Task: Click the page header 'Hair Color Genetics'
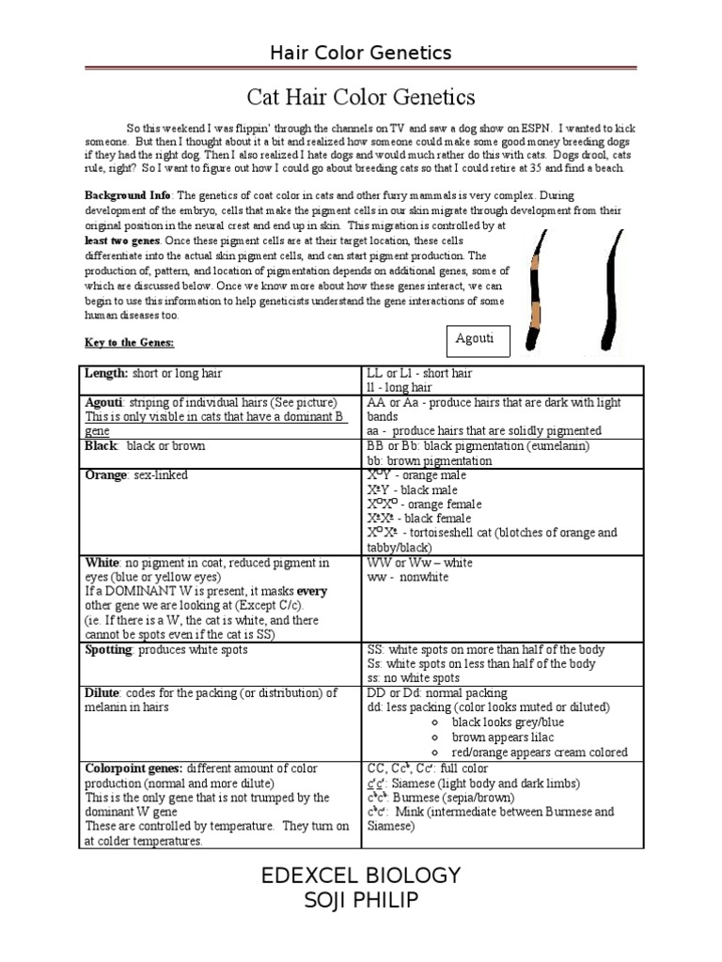(361, 53)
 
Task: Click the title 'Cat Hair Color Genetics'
(361, 96)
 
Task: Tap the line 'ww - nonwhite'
(407, 577)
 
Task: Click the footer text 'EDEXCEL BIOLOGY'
(361, 877)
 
